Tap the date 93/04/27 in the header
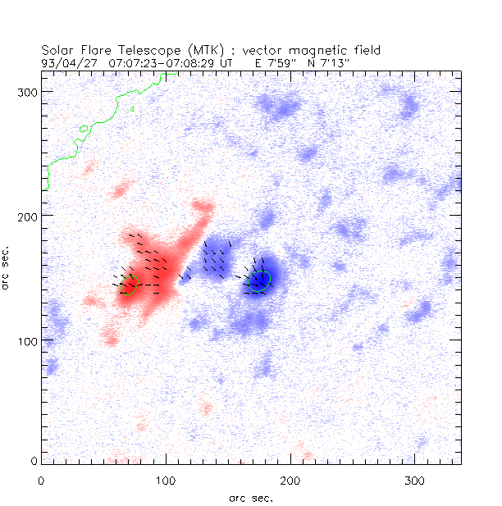click(x=65, y=62)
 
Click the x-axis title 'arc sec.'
click(x=250, y=496)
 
